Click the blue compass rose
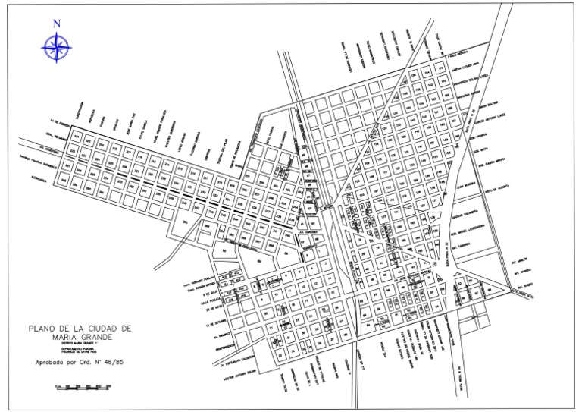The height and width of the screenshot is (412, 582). point(56,47)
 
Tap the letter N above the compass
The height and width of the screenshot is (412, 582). point(56,24)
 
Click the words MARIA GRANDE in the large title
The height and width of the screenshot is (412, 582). point(80,335)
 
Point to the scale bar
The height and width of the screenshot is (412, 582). point(83,388)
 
